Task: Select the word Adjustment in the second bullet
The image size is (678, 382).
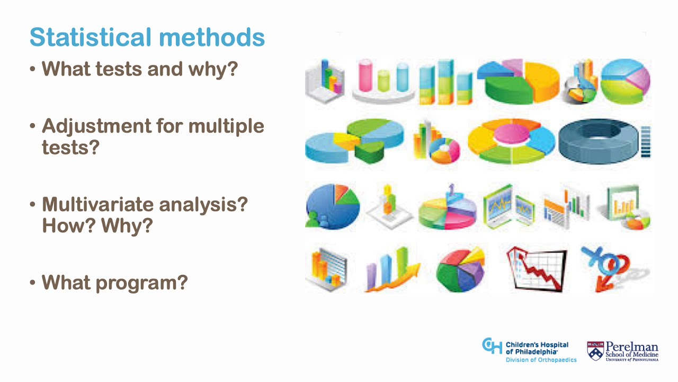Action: (x=96, y=126)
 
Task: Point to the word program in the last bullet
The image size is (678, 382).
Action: (x=141, y=282)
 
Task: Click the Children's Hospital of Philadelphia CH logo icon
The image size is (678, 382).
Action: (x=492, y=346)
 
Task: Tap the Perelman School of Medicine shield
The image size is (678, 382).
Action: (x=595, y=351)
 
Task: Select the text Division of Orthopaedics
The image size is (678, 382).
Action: (x=541, y=360)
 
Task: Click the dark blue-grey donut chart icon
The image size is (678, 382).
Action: (x=597, y=141)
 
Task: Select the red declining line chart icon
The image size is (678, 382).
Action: (x=536, y=268)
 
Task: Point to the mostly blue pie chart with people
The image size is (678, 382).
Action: (x=332, y=206)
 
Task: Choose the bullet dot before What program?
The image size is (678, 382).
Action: (x=33, y=282)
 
